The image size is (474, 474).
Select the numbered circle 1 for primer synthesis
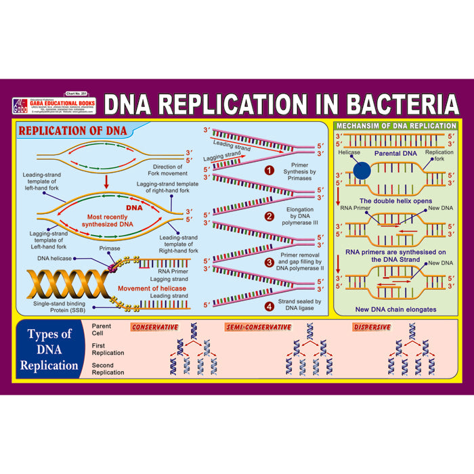point(269,170)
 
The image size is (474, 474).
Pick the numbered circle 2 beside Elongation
point(269,217)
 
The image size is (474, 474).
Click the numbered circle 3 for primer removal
point(269,262)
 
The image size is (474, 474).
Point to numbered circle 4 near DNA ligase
point(269,305)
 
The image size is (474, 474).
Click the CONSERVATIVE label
point(154,327)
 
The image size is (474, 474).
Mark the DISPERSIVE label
point(372,327)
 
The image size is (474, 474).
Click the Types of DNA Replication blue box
point(49,349)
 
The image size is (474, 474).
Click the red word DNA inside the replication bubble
point(135,208)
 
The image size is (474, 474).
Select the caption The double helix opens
point(396,201)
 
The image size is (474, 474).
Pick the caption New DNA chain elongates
point(396,309)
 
